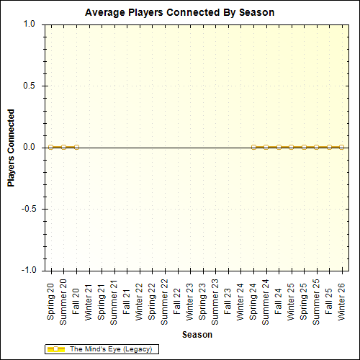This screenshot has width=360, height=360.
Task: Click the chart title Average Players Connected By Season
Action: click(x=179, y=12)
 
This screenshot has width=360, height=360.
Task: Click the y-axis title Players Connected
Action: click(x=12, y=148)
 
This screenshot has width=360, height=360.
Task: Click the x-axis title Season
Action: click(x=197, y=335)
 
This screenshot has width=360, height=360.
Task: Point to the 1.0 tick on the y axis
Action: click(x=29, y=24)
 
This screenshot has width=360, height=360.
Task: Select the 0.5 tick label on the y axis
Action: click(x=29, y=86)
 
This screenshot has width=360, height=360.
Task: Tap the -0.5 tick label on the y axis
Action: click(x=27, y=209)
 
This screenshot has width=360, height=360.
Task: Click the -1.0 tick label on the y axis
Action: click(x=27, y=271)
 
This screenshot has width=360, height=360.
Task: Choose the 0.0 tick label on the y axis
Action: click(x=29, y=147)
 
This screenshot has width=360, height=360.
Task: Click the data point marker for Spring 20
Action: click(x=51, y=147)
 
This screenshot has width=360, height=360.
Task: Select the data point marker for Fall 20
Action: click(x=76, y=147)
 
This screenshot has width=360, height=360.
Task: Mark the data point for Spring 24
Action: click(x=253, y=147)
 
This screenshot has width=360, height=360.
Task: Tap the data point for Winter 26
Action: click(x=342, y=147)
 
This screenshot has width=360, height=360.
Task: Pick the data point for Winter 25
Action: click(x=292, y=147)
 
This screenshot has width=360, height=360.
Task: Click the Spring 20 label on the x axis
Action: click(x=51, y=300)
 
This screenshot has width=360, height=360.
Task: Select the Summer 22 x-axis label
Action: click(x=165, y=302)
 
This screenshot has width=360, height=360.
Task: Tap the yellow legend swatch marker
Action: click(x=56, y=349)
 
